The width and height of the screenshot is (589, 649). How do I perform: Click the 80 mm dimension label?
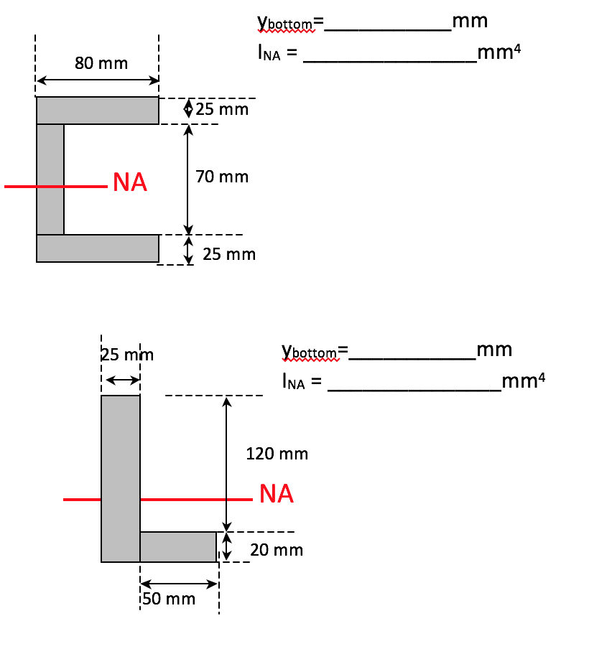[x=101, y=63]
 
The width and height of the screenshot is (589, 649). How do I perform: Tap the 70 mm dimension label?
[x=222, y=177]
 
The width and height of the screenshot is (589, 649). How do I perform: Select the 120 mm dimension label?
[x=277, y=454]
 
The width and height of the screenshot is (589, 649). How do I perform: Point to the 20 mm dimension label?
[x=277, y=551]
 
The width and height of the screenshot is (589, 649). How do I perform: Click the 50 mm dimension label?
[x=169, y=599]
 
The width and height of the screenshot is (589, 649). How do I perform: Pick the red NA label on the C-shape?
[x=130, y=183]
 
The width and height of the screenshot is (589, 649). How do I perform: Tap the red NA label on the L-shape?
[x=277, y=494]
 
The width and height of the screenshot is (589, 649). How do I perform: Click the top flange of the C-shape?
[x=98, y=111]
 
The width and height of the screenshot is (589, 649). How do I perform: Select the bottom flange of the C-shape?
[x=98, y=248]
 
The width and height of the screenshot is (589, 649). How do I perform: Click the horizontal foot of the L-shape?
[x=178, y=547]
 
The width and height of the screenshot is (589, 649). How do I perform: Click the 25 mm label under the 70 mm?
[x=229, y=254]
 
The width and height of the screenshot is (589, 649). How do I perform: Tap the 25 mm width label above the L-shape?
[x=127, y=355]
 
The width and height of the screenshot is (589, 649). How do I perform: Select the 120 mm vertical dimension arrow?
[x=227, y=463]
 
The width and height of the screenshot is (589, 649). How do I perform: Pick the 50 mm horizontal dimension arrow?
[x=178, y=584]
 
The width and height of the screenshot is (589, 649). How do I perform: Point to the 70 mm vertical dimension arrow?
[x=188, y=179]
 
